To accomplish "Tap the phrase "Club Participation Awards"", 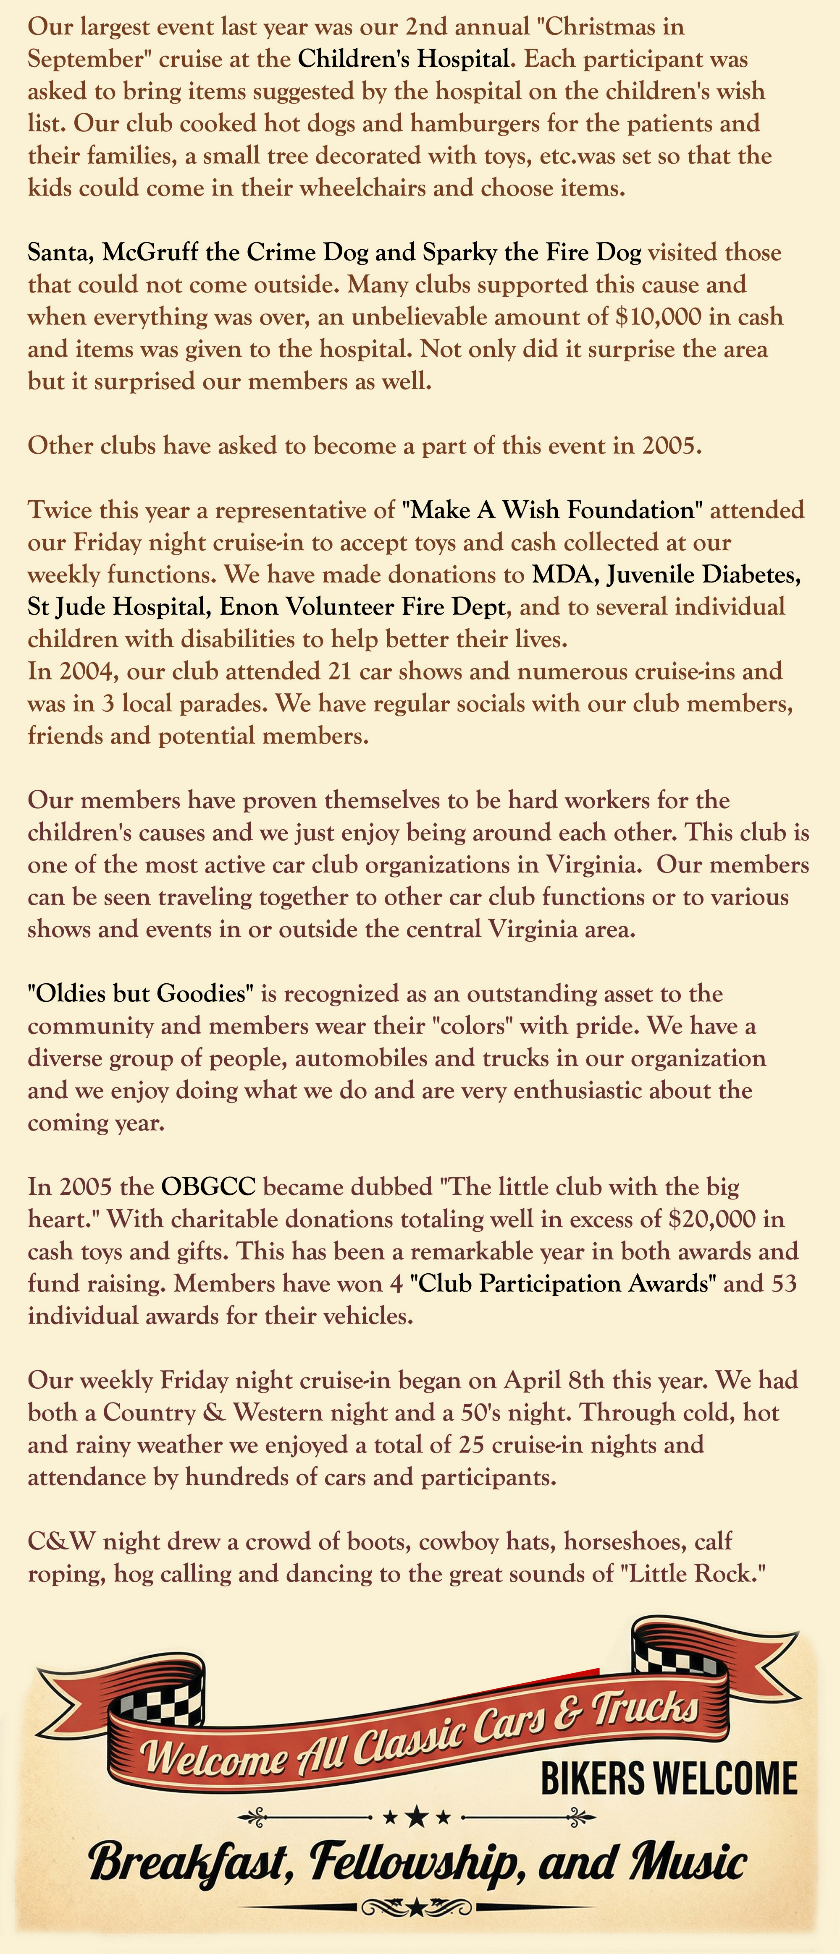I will pyautogui.click(x=562, y=1283).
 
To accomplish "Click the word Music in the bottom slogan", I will pyautogui.click(x=688, y=1862).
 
